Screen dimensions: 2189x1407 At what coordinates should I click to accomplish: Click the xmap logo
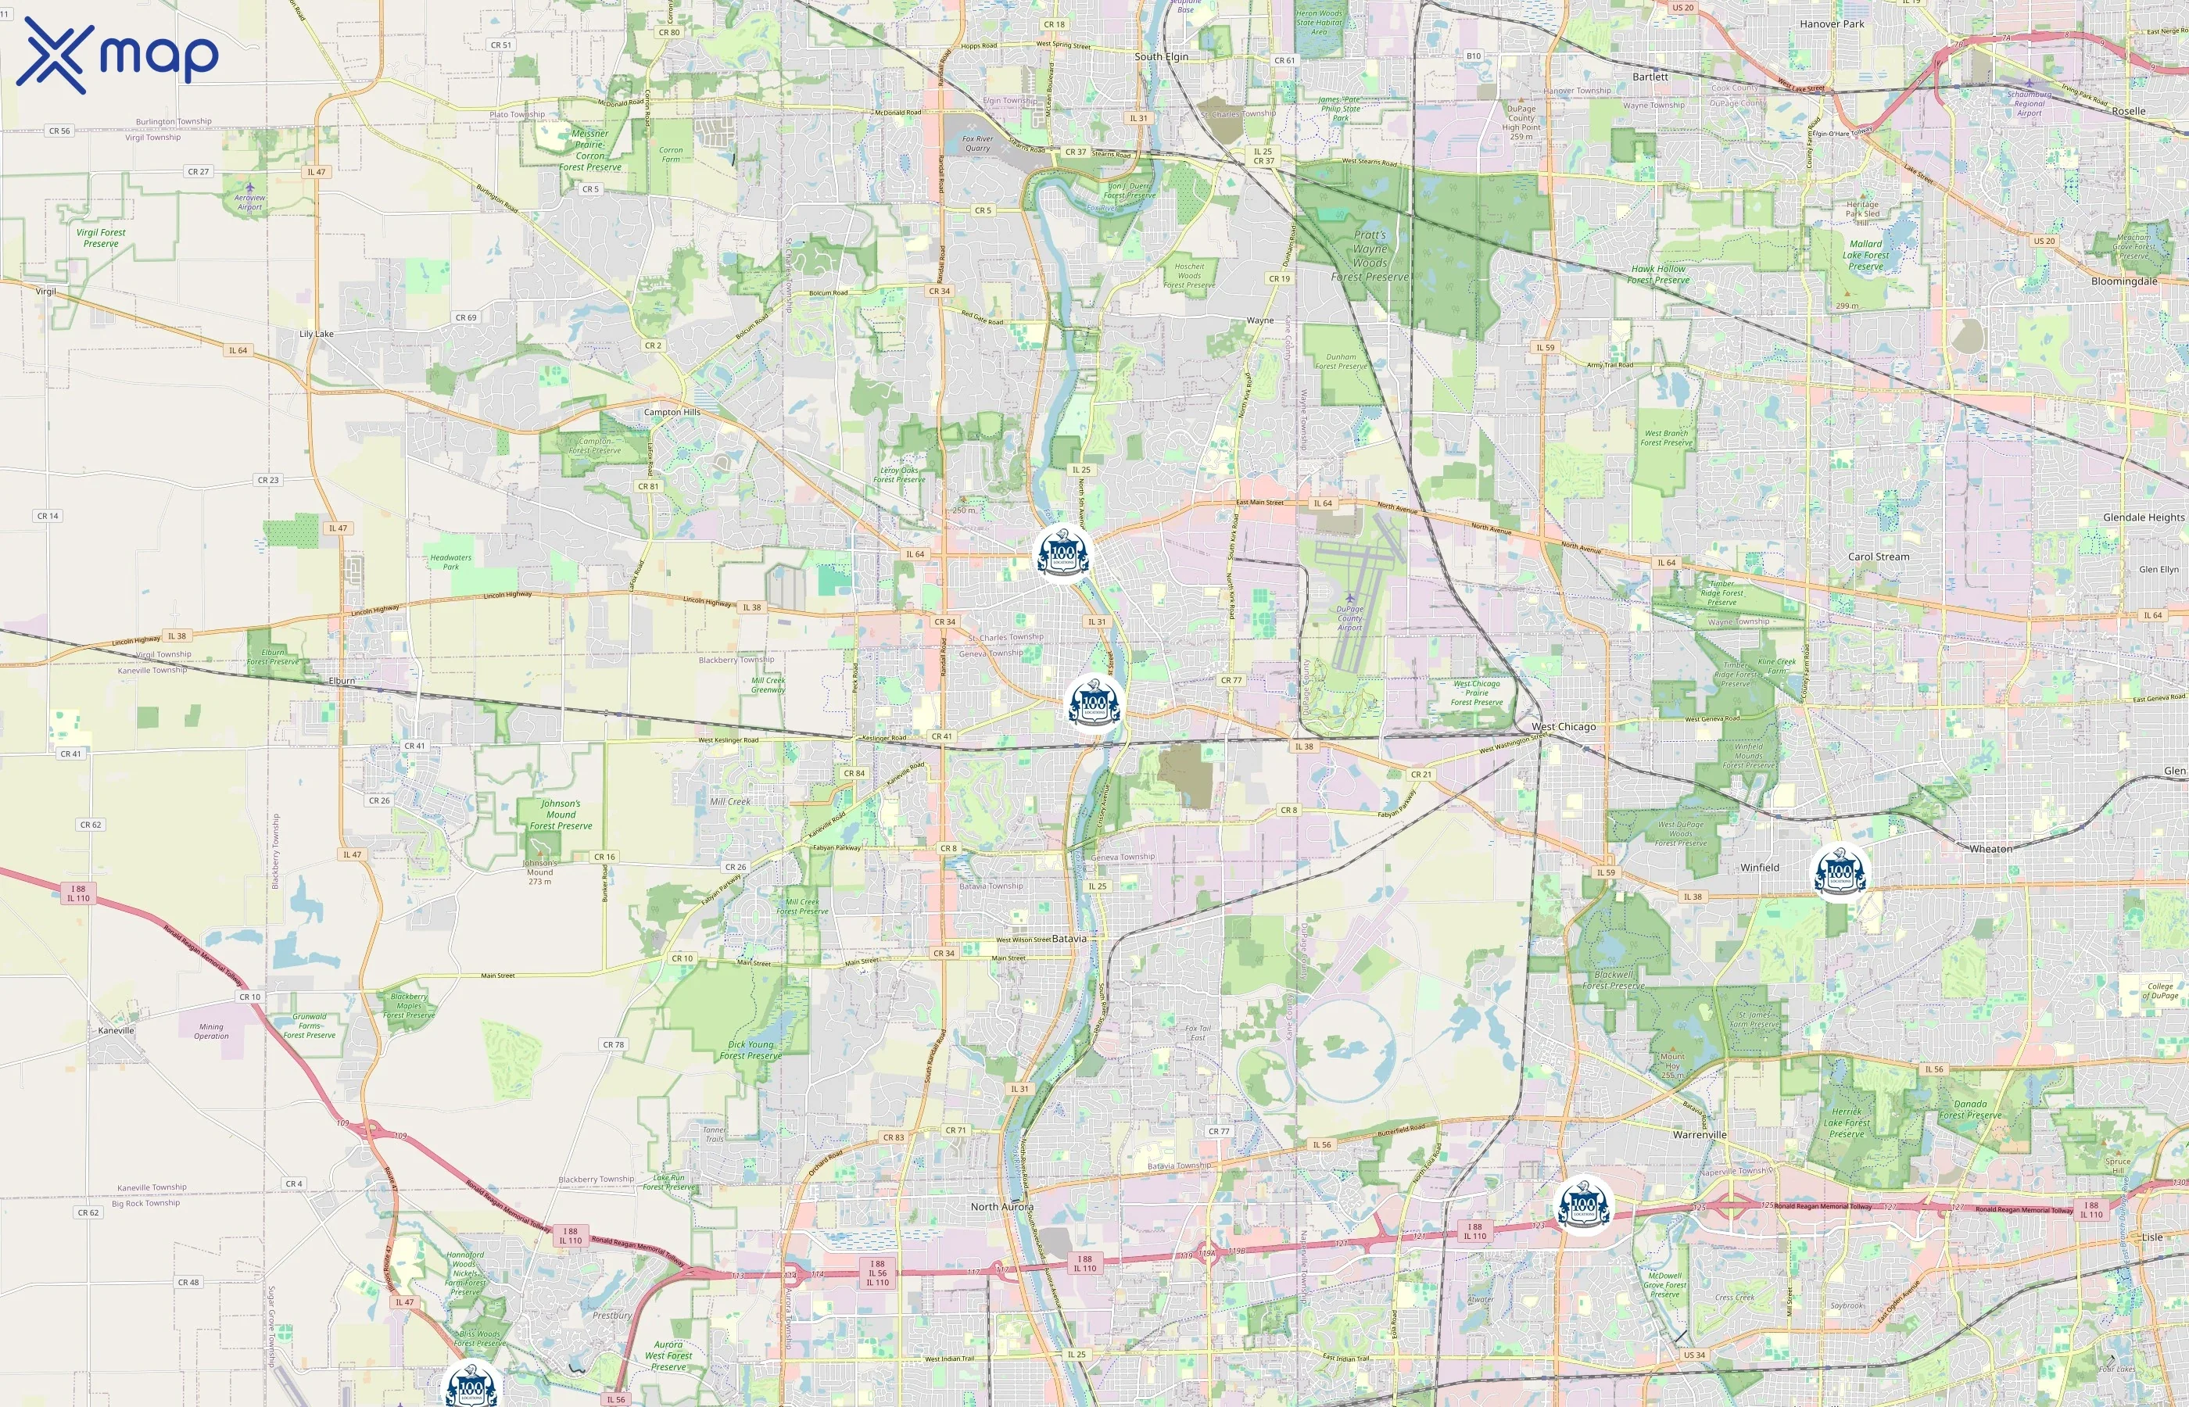click(117, 55)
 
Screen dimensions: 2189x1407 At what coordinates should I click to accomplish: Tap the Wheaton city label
click(1990, 849)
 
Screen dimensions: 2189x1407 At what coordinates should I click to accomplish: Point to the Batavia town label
click(1069, 938)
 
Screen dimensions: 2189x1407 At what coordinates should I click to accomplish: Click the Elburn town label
click(342, 681)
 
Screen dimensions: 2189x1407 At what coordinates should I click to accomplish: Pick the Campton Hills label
click(672, 412)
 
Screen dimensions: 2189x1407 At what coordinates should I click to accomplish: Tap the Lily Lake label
click(316, 334)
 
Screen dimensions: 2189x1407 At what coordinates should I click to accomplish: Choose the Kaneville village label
click(116, 1029)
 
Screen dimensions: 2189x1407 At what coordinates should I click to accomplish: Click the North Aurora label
click(1001, 1207)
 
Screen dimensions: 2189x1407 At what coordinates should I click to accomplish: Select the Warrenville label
click(1700, 1135)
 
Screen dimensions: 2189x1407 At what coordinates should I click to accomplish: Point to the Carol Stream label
click(1879, 557)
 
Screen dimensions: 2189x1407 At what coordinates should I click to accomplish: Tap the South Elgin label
click(1161, 56)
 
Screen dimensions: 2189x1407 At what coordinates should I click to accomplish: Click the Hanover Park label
click(1832, 23)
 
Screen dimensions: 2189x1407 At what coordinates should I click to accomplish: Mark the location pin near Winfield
click(1840, 872)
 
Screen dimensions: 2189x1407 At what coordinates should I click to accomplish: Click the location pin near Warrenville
click(1583, 1205)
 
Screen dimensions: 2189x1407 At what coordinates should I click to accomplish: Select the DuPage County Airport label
click(1349, 618)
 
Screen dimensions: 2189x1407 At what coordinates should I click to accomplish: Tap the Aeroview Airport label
click(249, 202)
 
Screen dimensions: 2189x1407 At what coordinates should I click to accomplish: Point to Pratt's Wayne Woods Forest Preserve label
click(1370, 256)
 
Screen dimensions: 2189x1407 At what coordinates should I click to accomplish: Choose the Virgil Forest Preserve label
click(101, 238)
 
